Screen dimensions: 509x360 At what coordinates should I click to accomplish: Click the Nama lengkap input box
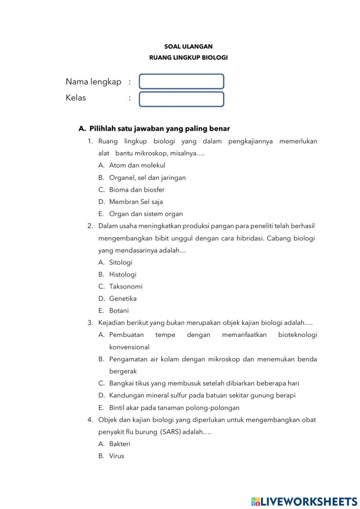coord(181,81)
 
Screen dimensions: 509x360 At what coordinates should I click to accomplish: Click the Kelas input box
coord(181,99)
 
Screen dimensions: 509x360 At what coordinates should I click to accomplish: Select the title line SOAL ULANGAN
coord(188,46)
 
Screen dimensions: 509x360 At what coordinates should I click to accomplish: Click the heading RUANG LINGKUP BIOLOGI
coord(188,58)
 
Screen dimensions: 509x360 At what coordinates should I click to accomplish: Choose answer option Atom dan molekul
coord(137,165)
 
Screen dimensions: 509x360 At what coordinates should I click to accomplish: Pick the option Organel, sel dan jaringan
coord(147,178)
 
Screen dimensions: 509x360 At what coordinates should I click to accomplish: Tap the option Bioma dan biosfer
coord(137,189)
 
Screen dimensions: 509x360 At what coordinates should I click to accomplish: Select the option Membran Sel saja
coord(136,202)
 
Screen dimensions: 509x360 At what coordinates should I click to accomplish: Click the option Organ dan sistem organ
coord(146,214)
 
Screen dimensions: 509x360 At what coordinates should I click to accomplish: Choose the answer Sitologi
coord(121,262)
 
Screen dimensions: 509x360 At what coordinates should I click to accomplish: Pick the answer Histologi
coord(123,274)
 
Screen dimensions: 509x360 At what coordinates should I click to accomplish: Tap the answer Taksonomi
coord(126,286)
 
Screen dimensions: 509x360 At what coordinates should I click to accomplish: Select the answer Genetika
coord(123,299)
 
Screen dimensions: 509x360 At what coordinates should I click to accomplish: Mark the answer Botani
coord(119,311)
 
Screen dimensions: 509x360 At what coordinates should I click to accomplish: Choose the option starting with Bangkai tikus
coord(204,383)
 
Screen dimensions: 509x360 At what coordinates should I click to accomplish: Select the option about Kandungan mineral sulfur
coord(202,396)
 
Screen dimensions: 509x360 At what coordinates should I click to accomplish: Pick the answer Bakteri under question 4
coord(120,444)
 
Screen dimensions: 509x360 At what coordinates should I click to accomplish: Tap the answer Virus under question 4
coord(117,456)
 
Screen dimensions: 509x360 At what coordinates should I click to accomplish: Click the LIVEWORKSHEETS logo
coord(304,501)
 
